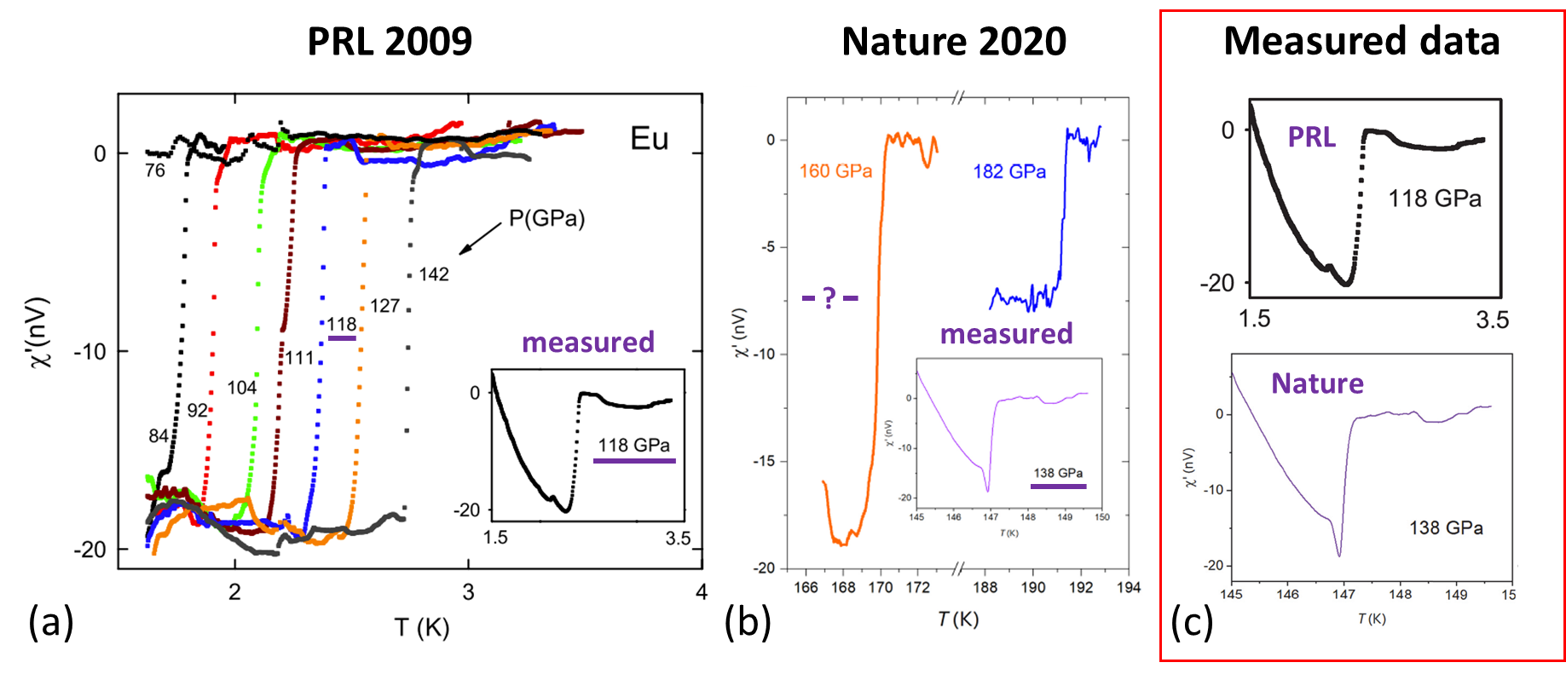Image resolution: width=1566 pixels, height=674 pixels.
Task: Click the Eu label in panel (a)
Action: point(649,139)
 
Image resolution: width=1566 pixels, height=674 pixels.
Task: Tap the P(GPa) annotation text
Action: point(546,219)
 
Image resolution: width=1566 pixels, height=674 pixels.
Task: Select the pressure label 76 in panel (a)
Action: point(155,170)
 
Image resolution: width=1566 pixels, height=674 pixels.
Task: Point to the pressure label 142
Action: point(434,274)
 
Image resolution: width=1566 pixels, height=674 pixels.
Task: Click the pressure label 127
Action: point(384,306)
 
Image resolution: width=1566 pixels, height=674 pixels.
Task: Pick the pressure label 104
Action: point(242,388)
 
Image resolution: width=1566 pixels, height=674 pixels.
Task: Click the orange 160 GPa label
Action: point(835,171)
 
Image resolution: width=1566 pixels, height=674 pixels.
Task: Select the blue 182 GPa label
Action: point(1009,172)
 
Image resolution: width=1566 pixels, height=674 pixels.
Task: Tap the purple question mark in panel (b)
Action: point(829,298)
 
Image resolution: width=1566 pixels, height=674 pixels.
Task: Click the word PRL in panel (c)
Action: point(1311,137)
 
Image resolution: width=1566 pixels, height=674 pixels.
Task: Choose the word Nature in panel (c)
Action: point(1317,383)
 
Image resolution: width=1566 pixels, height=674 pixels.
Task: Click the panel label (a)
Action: point(51,622)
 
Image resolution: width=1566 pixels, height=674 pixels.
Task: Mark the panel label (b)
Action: point(748,622)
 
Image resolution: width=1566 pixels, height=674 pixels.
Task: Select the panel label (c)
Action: point(1191,623)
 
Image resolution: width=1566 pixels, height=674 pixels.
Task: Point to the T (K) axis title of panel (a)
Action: point(421,628)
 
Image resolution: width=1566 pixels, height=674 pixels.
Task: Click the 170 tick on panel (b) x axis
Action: point(881,587)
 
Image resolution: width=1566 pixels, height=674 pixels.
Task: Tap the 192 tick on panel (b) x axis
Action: point(1081,587)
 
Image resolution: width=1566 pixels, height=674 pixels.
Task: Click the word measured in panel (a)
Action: point(588,343)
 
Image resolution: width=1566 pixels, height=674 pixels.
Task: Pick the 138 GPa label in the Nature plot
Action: point(1446,528)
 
